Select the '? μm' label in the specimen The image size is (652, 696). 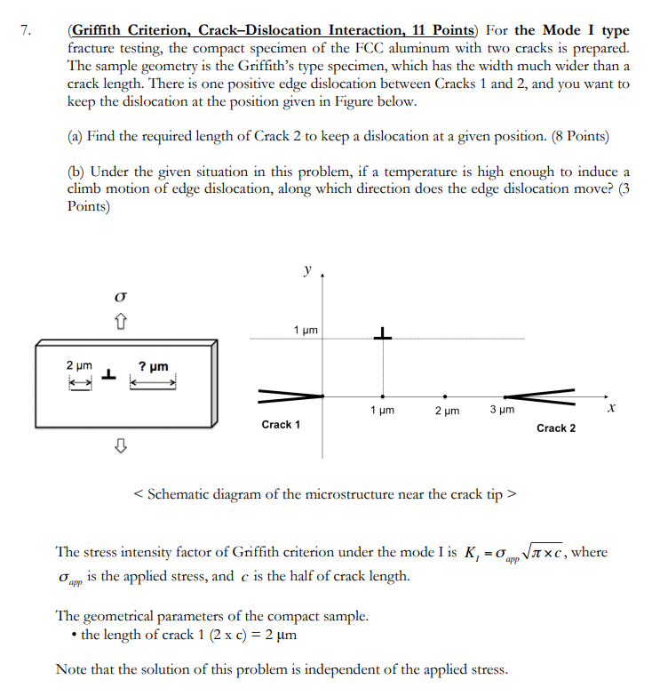tap(153, 365)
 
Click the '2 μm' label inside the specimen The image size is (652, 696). tap(79, 365)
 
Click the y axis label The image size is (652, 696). tap(307, 268)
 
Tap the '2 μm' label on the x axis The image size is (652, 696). tap(446, 412)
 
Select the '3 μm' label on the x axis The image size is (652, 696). tap(500, 411)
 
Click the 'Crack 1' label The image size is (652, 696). tap(281, 425)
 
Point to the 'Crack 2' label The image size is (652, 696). tap(556, 428)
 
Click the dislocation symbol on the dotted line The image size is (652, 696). tap(383, 334)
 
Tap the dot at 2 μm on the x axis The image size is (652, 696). tap(445, 396)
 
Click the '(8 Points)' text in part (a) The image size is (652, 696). tap(569, 136)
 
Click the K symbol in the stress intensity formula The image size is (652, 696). tap(471, 553)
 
